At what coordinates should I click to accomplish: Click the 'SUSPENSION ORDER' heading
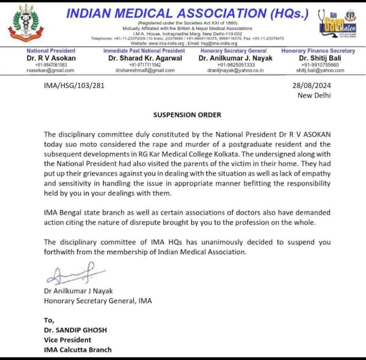(187, 115)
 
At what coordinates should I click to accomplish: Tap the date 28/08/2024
(311, 86)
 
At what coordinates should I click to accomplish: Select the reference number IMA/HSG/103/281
(74, 86)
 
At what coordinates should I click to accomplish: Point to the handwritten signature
(75, 273)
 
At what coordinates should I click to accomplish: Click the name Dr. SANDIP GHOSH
(75, 330)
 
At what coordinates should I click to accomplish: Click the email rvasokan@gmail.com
(50, 71)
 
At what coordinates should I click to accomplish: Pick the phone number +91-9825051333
(236, 65)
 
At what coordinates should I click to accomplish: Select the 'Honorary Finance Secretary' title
(318, 51)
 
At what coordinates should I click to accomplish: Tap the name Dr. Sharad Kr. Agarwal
(145, 58)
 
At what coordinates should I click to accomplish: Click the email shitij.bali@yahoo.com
(320, 71)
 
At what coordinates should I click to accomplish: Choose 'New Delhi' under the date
(314, 95)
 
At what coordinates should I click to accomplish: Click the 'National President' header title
(51, 51)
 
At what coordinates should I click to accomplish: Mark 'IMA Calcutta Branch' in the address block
(78, 349)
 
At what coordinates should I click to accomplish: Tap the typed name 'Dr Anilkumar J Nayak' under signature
(78, 291)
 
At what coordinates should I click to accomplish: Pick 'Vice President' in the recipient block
(67, 340)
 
